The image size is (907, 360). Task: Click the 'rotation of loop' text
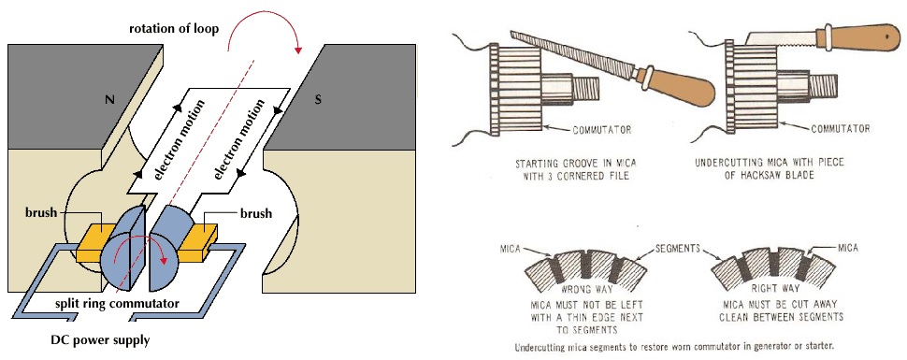(x=174, y=29)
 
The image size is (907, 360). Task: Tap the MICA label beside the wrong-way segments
(x=511, y=249)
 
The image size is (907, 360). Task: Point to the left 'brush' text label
(x=40, y=213)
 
